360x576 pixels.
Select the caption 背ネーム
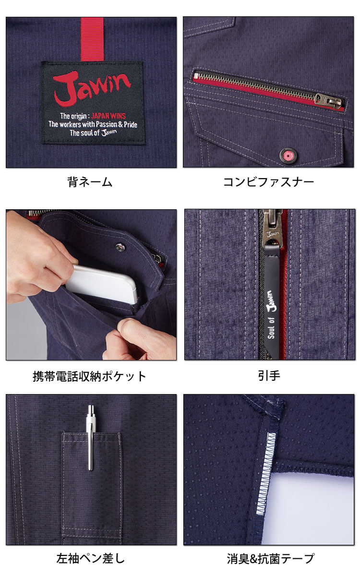click(90, 182)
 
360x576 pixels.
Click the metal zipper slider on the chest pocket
click(328, 100)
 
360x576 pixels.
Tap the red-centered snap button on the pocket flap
click(288, 155)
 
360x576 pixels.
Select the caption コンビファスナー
click(268, 182)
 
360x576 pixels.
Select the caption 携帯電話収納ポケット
click(90, 376)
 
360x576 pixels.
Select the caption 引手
click(269, 376)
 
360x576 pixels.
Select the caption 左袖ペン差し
click(90, 558)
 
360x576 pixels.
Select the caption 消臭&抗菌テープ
click(270, 558)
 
